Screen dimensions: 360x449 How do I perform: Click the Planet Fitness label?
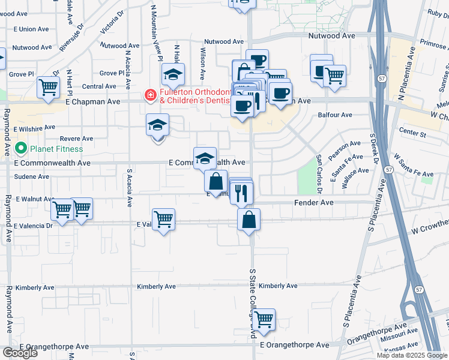pyautogui.click(x=57, y=149)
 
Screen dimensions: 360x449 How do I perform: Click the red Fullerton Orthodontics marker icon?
pyautogui.click(x=149, y=95)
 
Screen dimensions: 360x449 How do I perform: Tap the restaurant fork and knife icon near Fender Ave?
pyautogui.click(x=241, y=193)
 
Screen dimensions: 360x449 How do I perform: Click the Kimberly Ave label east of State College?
pyautogui.click(x=279, y=286)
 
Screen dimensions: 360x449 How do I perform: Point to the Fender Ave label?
pyautogui.click(x=313, y=203)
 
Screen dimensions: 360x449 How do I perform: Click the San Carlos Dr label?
pyautogui.click(x=319, y=174)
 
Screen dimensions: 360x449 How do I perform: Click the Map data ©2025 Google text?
pyautogui.click(x=412, y=355)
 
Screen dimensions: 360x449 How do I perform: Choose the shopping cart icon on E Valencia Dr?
pyautogui.click(x=164, y=220)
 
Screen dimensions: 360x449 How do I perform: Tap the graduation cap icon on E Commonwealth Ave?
pyautogui.click(x=205, y=158)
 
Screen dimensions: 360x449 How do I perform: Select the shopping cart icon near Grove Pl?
pyautogui.click(x=48, y=88)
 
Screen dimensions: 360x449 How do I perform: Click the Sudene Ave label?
pyautogui.click(x=32, y=177)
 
